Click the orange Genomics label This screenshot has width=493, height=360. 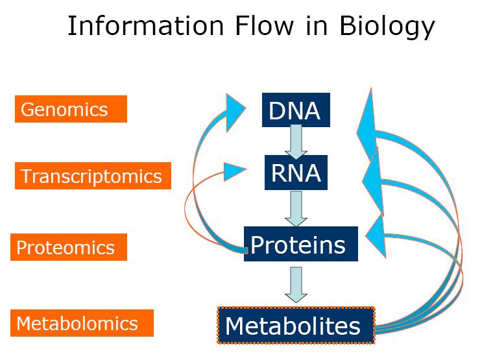point(71,109)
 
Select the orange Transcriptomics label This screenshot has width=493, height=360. point(93,176)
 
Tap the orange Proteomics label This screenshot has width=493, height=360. point(69,247)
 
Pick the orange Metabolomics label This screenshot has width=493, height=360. point(82,323)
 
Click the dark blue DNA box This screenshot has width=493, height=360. point(296,110)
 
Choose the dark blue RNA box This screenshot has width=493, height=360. point(296,173)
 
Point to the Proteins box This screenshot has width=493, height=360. point(301,244)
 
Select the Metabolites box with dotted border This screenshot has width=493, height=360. point(296,325)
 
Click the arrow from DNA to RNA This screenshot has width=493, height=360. point(296,142)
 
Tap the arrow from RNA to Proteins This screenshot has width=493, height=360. point(296,209)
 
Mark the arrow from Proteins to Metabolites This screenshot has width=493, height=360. point(296,285)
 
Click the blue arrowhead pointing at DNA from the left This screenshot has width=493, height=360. point(234,112)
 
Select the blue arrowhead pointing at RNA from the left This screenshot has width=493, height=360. point(234,171)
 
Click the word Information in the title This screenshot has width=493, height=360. point(146,26)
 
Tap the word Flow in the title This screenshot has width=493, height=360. point(265,26)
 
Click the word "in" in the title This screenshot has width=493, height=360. point(317,26)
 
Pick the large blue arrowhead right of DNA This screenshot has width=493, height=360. point(367,126)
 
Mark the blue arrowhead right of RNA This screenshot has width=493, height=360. point(374,182)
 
